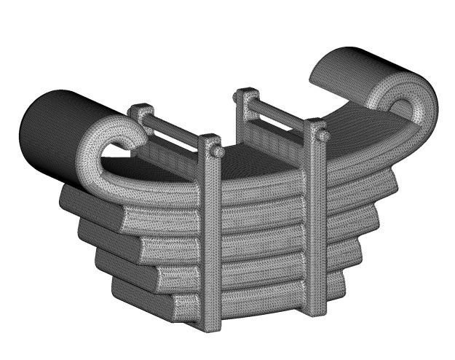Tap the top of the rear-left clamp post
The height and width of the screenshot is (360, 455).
click(141, 112)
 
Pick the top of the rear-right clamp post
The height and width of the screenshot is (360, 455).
click(246, 95)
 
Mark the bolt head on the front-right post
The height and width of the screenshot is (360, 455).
click(323, 136)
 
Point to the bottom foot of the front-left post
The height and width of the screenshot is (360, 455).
click(212, 324)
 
